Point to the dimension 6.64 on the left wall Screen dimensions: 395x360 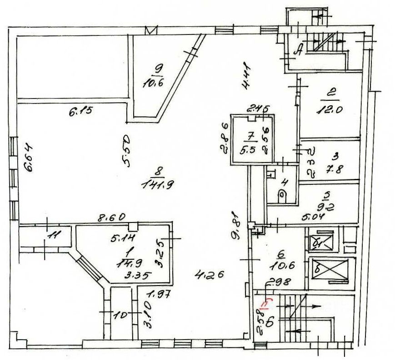pyautogui.click(x=29, y=157)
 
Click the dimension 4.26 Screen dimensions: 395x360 pyautogui.click(x=208, y=274)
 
